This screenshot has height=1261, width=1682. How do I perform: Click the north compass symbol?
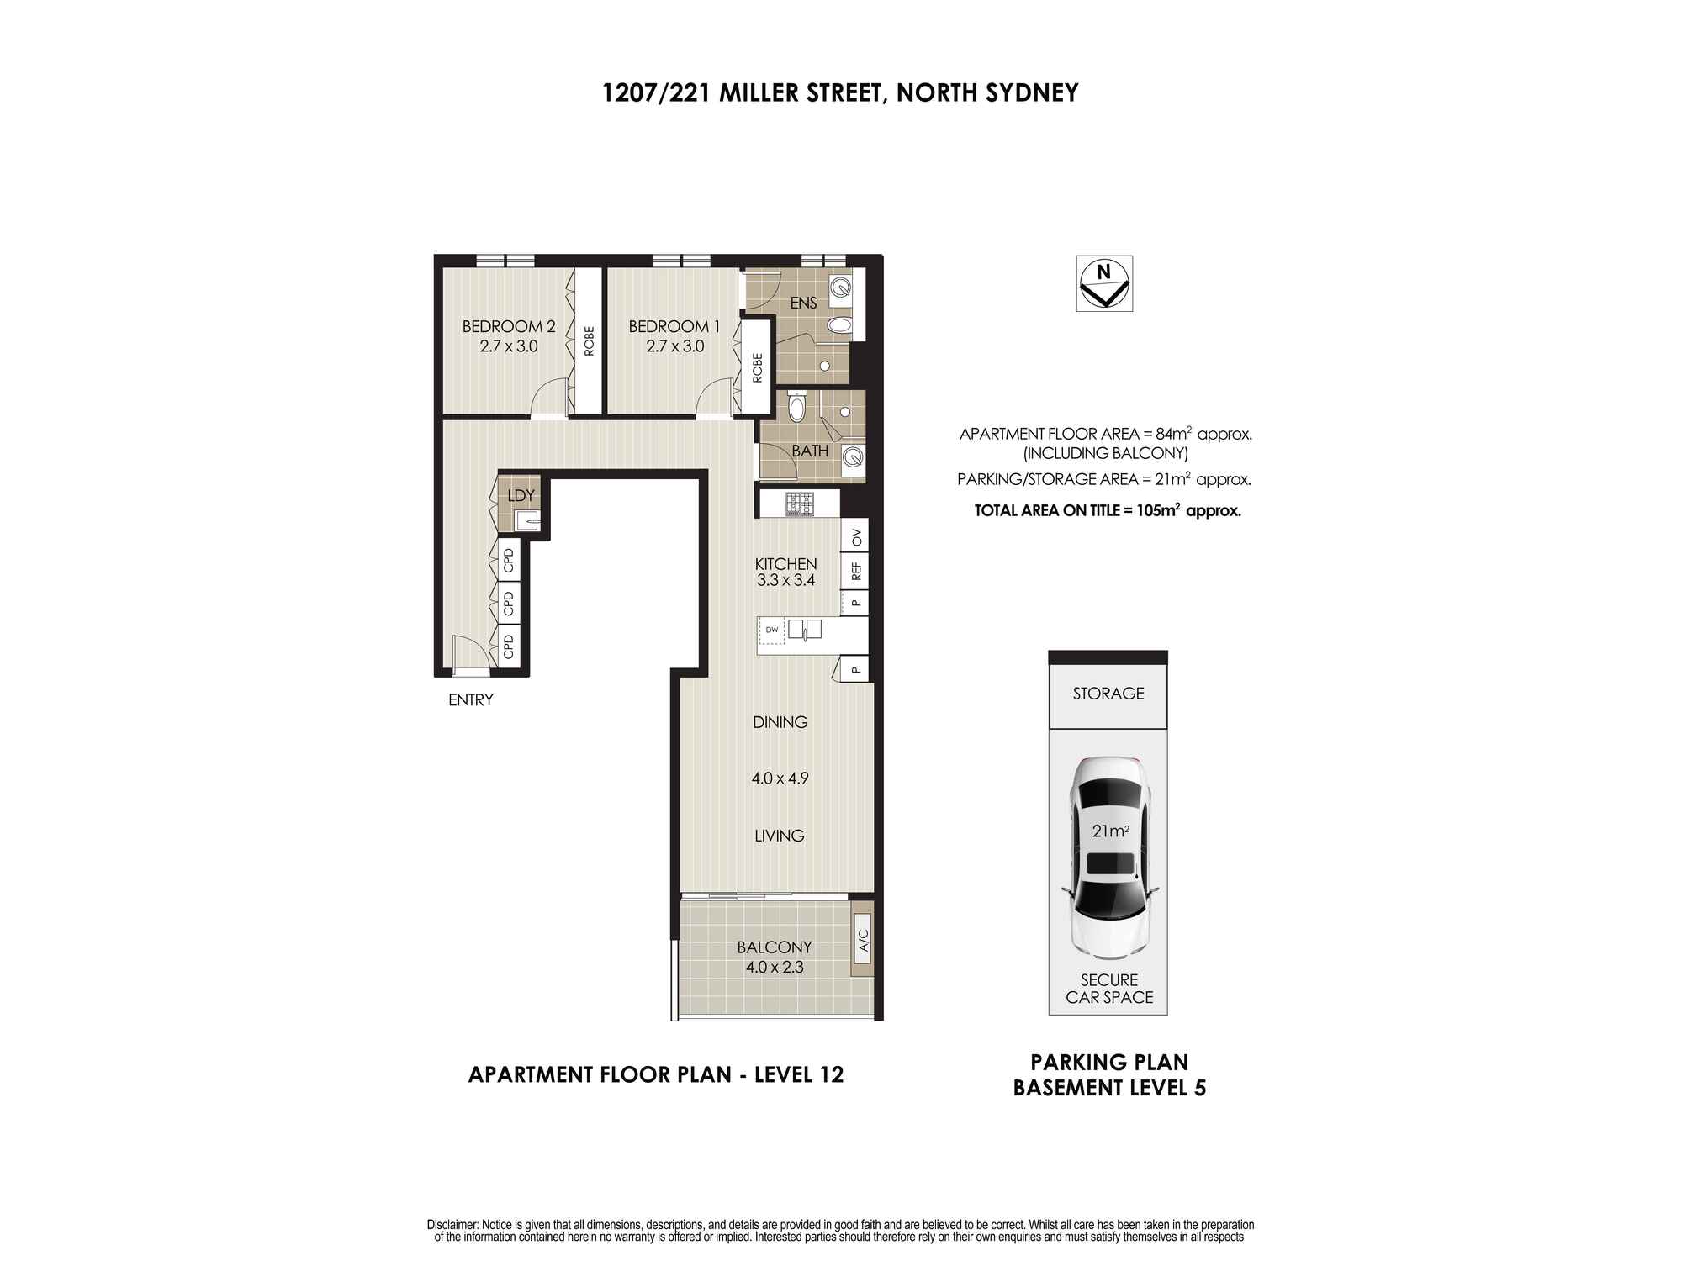coord(1104,283)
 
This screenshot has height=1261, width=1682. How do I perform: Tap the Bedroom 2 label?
coord(508,326)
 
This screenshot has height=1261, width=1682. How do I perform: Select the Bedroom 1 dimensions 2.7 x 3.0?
coord(674,346)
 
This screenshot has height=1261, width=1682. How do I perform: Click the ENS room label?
coord(803,303)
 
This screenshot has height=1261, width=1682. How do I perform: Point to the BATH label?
coord(809,451)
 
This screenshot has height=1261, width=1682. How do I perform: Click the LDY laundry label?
coord(521,496)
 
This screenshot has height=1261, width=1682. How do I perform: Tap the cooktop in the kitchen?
coord(800,504)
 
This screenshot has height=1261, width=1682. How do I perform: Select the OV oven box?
coord(856,536)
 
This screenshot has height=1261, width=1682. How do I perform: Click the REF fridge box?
coord(856,572)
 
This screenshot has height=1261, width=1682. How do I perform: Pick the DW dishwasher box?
coord(771,630)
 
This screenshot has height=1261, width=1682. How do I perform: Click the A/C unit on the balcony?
coord(863,946)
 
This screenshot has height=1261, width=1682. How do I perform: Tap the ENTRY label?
coord(470,700)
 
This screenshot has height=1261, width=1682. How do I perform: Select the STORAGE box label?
coord(1108,694)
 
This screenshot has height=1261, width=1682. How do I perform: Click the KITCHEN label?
coord(785,564)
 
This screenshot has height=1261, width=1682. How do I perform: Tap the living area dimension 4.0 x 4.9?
coord(780,778)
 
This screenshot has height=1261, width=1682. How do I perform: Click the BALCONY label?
coord(774,947)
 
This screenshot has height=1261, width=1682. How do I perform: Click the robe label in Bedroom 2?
coord(589,340)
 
